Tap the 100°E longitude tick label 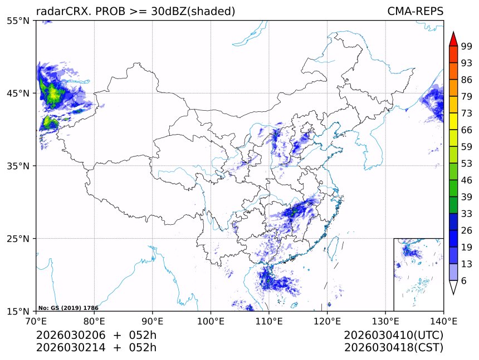pyautogui.click(x=211, y=321)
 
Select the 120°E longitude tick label pyautogui.click(x=327, y=321)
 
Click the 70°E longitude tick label pyautogui.click(x=36, y=321)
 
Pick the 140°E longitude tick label pyautogui.click(x=443, y=321)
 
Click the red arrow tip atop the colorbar pyautogui.click(x=453, y=39)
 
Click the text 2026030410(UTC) pyautogui.click(x=393, y=336)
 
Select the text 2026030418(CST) pyautogui.click(x=393, y=348)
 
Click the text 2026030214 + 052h pyautogui.click(x=96, y=348)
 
